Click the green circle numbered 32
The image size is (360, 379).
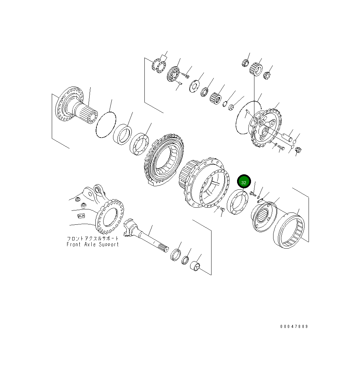[244, 182]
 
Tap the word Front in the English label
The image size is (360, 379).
[74, 244]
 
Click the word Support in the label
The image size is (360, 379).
[109, 244]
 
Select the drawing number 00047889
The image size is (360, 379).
[294, 326]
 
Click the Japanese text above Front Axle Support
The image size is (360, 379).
[93, 239]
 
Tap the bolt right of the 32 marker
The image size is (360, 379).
[252, 194]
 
